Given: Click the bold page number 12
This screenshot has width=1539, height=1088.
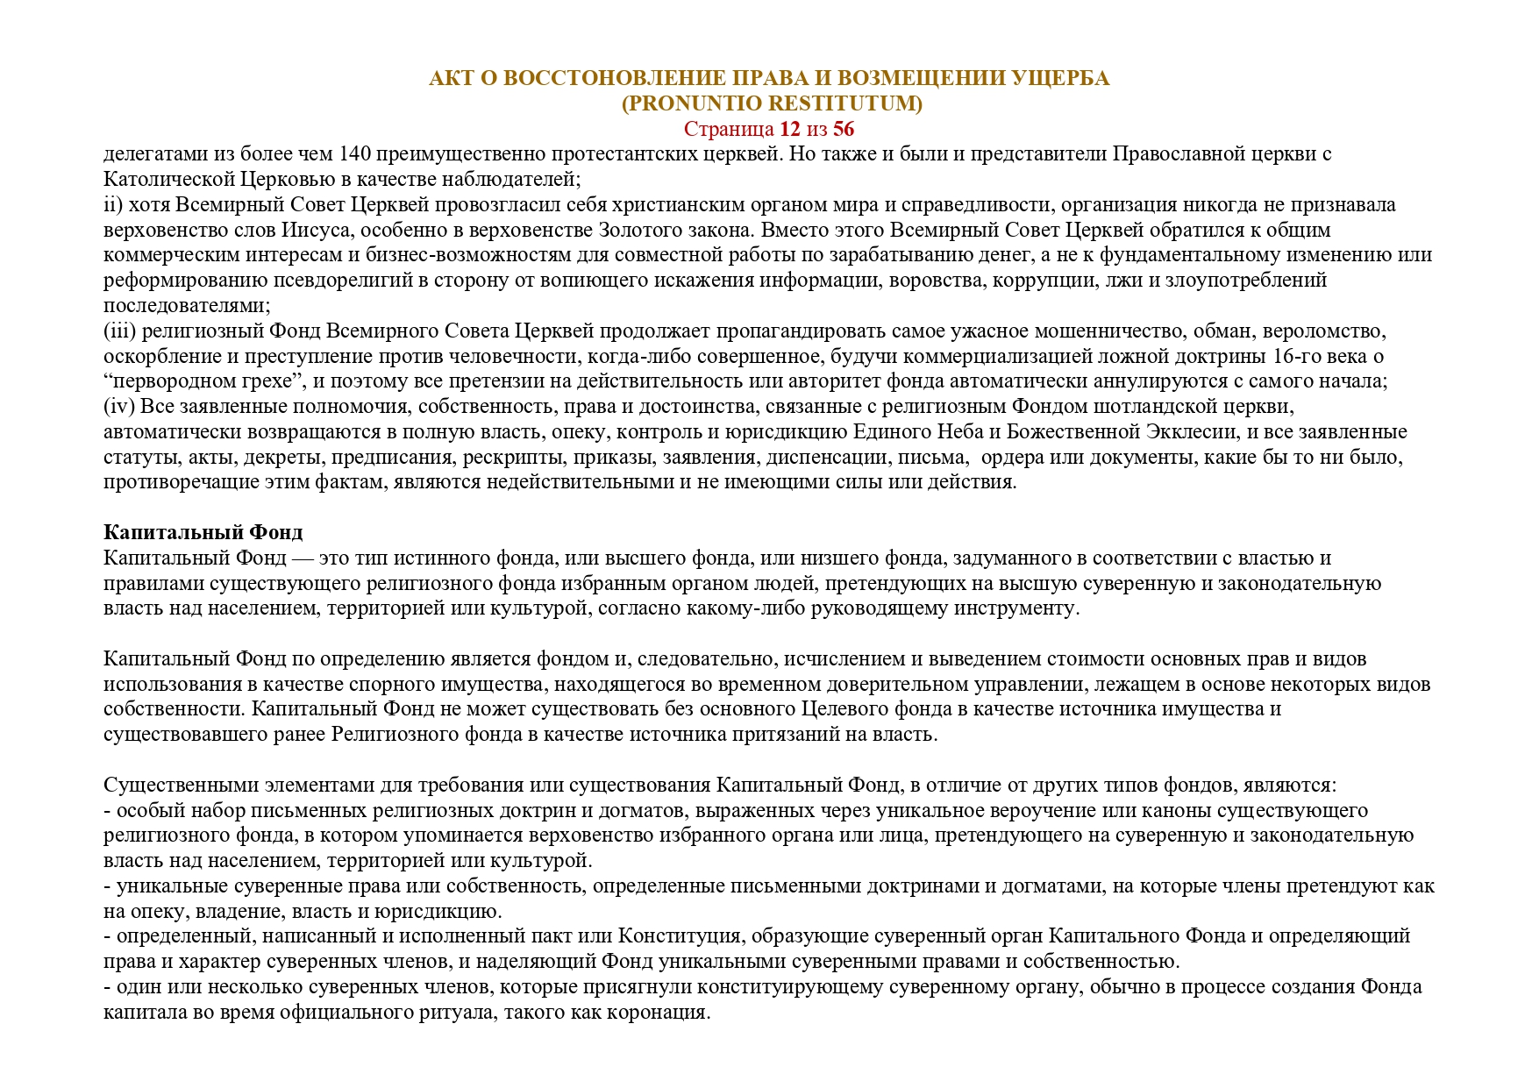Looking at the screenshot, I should (x=789, y=130).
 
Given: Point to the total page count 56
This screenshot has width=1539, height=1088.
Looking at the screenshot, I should (x=844, y=130).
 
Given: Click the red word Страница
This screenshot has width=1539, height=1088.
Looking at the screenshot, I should (x=728, y=130).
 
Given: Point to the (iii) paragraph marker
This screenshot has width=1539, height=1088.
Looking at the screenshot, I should (x=119, y=331).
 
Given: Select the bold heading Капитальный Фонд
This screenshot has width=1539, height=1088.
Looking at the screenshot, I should (x=203, y=532).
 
